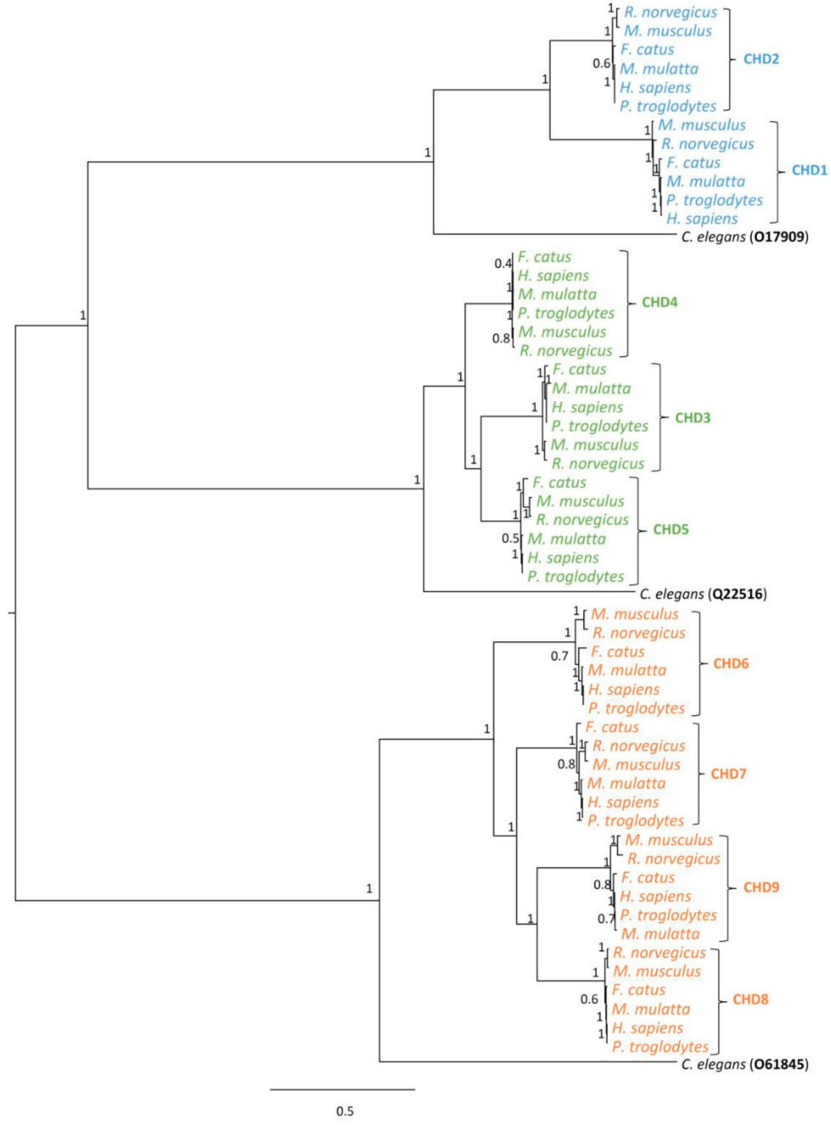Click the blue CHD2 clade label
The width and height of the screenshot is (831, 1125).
(761, 59)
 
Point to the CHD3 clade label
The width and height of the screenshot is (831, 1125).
(692, 417)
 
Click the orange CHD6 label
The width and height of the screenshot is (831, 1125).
(730, 664)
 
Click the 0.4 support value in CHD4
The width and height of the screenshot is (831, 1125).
(502, 263)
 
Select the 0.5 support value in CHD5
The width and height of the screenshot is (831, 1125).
(510, 538)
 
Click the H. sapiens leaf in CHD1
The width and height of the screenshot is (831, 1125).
(702, 219)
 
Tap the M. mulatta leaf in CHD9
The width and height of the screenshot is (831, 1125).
(660, 934)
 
